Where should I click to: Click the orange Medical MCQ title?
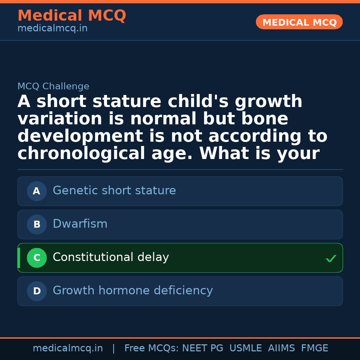tap(72, 16)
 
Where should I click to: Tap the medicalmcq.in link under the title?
tap(52, 28)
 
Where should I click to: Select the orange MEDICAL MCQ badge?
tap(299, 22)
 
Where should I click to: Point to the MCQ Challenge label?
tap(53, 86)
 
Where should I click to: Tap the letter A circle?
tap(37, 191)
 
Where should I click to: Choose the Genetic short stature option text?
tap(114, 191)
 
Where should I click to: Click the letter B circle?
tap(37, 224)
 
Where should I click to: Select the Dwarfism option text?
tap(80, 224)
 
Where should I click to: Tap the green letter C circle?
tap(37, 258)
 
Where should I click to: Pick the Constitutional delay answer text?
tap(111, 257)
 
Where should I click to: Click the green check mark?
tap(331, 258)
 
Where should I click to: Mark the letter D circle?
tap(37, 291)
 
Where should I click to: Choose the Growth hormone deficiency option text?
tap(133, 291)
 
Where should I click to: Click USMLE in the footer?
tap(245, 348)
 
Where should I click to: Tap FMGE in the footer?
tap(314, 348)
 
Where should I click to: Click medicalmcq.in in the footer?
tap(68, 348)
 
